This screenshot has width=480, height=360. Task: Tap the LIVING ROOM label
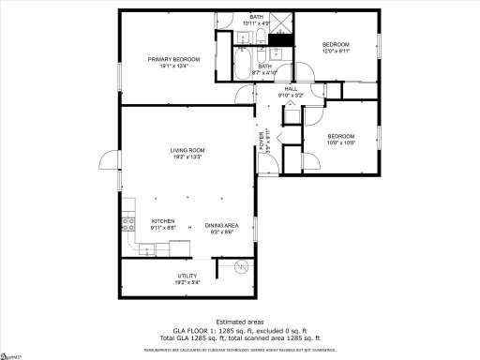point(187,150)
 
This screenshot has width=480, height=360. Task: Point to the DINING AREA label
point(221,225)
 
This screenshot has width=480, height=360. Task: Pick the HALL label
point(292,88)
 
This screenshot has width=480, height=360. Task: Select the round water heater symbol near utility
point(242,268)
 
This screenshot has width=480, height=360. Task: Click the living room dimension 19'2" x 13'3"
point(187,157)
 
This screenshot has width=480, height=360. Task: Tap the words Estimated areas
point(239,322)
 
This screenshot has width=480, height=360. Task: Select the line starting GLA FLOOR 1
point(239,330)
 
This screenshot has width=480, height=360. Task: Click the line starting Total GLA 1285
point(239,337)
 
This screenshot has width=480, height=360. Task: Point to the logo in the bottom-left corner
point(12,355)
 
